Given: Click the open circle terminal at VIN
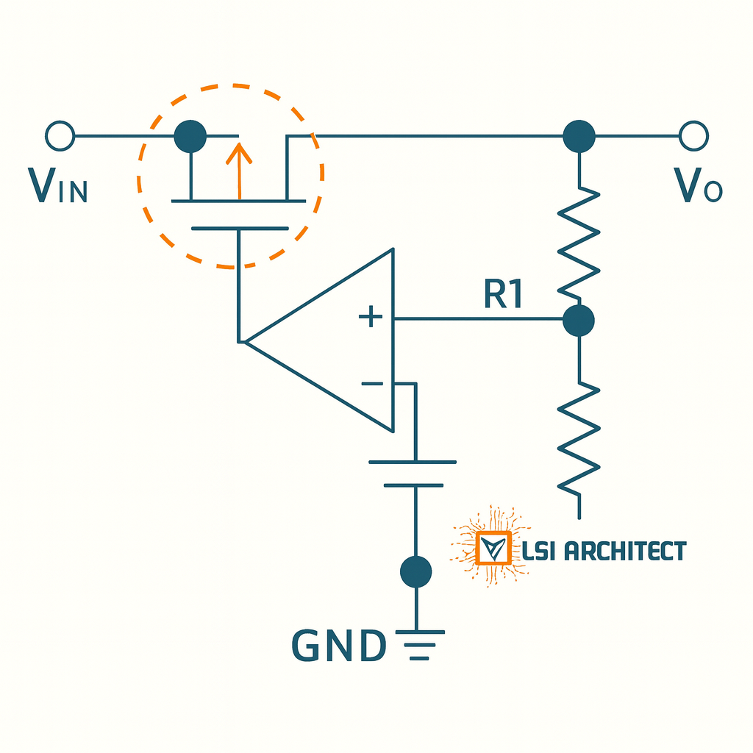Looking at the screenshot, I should [60, 136].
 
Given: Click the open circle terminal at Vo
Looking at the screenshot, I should [693, 136].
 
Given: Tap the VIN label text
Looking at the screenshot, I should [57, 186].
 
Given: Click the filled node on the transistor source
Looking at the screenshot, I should [190, 136].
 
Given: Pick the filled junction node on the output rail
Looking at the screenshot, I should [579, 136].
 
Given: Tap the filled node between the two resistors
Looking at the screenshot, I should [579, 321].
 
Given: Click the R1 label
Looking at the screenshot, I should [504, 294].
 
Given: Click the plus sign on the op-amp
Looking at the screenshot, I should [371, 318].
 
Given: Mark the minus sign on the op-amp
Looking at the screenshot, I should [372, 384].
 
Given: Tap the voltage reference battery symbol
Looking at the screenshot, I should [413, 474].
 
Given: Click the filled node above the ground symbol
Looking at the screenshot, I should [415, 571].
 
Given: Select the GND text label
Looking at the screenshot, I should [339, 646].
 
